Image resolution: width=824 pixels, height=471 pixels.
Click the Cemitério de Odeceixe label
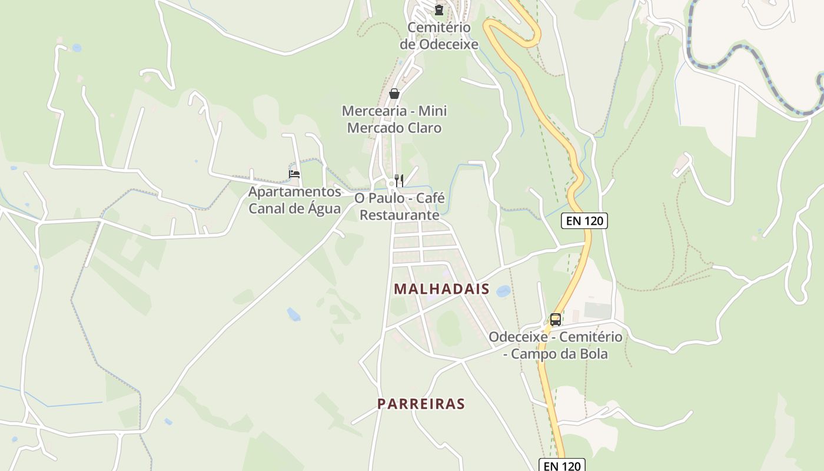(x=438, y=36)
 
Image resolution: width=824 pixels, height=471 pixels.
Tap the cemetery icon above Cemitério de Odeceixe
(x=438, y=9)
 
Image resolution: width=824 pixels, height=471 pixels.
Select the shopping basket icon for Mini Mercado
(x=394, y=94)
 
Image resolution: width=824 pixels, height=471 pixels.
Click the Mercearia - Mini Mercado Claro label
(x=394, y=119)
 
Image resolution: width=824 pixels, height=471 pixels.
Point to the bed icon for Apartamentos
(x=294, y=174)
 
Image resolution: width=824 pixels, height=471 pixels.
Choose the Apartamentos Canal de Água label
(x=294, y=200)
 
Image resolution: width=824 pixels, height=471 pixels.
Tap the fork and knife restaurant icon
(x=399, y=180)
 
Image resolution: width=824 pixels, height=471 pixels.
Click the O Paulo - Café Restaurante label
(x=400, y=206)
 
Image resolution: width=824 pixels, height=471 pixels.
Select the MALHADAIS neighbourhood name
(x=442, y=288)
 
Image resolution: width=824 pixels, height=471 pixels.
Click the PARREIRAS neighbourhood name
(x=421, y=404)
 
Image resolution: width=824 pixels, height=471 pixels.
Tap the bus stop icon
(x=555, y=320)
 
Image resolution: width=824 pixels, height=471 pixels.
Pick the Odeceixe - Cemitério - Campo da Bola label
(x=556, y=346)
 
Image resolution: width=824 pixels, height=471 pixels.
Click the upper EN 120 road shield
(x=584, y=221)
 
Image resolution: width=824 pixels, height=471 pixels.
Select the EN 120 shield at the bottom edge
(x=563, y=466)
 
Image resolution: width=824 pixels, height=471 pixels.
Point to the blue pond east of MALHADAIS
(x=504, y=291)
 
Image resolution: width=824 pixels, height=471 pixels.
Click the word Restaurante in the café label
(x=400, y=215)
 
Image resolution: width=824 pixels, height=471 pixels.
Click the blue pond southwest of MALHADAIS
(x=293, y=314)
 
